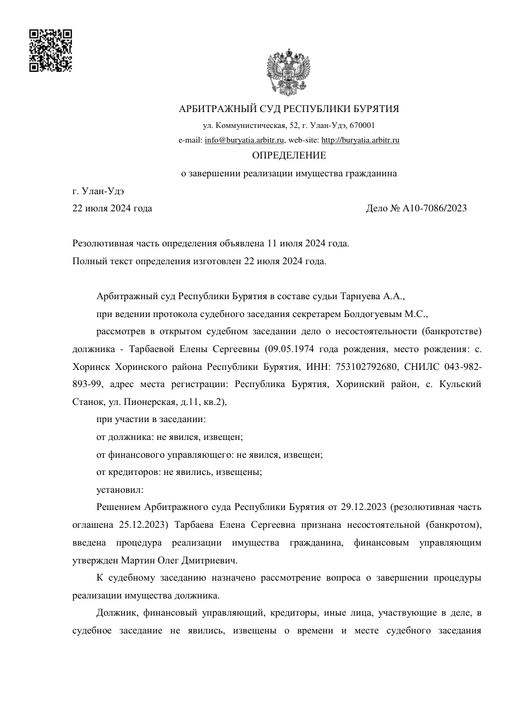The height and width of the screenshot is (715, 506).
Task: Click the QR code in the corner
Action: pos(50,50)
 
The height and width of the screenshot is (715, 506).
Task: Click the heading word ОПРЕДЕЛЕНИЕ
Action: pos(289,155)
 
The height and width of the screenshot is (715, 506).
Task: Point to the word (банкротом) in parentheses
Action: pos(445,525)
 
